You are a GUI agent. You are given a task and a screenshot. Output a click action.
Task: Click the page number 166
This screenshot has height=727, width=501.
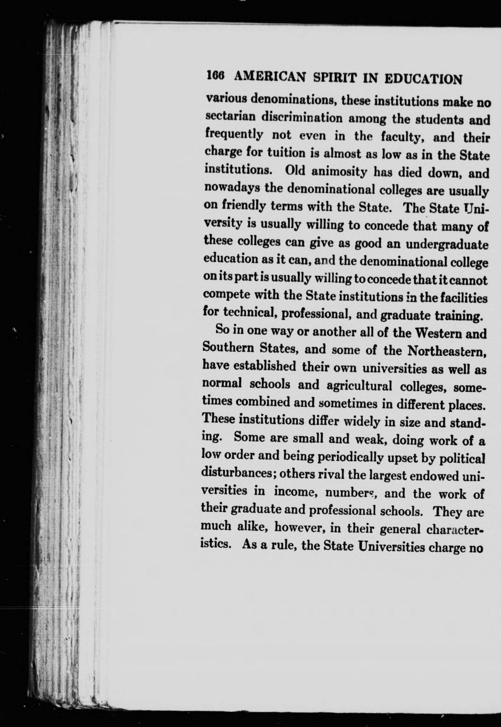(215, 76)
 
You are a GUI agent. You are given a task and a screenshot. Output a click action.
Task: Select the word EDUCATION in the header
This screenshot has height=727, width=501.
(423, 80)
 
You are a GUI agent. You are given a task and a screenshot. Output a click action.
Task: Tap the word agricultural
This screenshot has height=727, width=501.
(359, 386)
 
